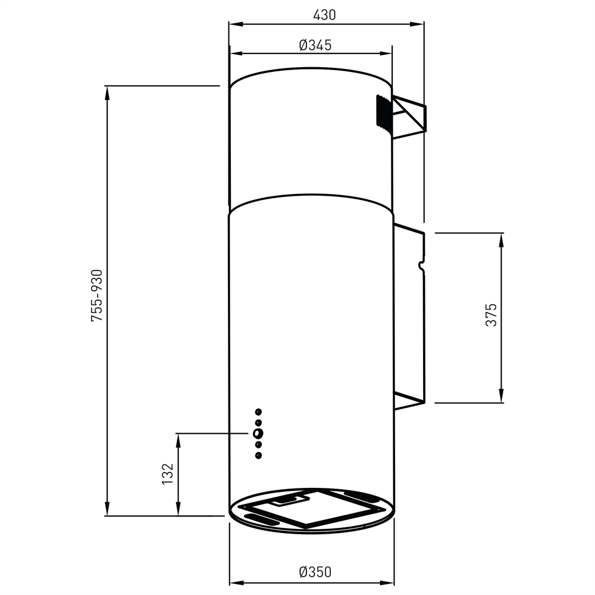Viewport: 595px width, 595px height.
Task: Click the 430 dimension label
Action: point(325,15)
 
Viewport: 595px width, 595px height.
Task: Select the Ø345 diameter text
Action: point(315,45)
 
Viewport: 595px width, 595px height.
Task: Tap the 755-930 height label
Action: point(96,296)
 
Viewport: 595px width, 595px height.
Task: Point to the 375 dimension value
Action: point(490,315)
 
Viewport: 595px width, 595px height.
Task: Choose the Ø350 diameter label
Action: point(315,572)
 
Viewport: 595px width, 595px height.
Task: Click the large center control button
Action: point(258,434)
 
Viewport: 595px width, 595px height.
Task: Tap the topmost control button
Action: point(258,411)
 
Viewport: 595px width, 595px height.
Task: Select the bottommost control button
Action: point(258,456)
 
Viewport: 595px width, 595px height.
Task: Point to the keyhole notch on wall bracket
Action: point(422,264)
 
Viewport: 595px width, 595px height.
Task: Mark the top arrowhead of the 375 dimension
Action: point(502,238)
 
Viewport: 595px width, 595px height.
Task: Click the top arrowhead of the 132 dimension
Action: point(177,439)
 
